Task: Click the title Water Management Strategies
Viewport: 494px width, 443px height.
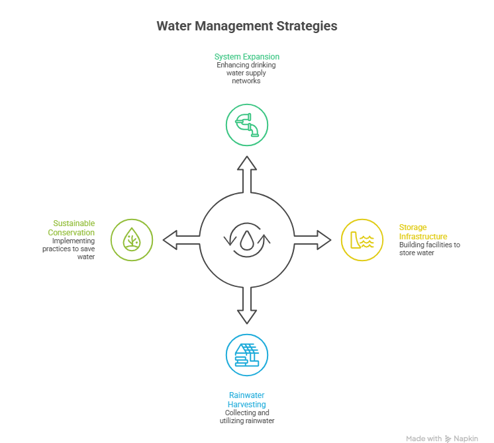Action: (x=246, y=26)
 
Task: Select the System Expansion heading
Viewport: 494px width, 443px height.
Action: (x=246, y=57)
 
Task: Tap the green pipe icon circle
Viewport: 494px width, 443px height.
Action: (x=246, y=124)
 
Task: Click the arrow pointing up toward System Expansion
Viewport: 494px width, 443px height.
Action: (x=246, y=175)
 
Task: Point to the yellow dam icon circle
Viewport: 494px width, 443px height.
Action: (x=362, y=239)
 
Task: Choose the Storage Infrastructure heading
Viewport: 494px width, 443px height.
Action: (x=422, y=231)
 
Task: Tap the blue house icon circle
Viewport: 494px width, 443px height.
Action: (x=246, y=355)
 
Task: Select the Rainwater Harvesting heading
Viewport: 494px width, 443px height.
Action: (x=247, y=400)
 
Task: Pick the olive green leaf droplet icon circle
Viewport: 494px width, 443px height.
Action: (x=131, y=239)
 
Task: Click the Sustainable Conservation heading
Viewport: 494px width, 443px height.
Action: (x=72, y=228)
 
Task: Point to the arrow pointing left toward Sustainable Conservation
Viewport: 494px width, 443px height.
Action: (x=180, y=239)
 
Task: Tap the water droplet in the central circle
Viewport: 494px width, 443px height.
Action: (x=246, y=241)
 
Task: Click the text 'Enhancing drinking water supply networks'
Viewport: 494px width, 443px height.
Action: (x=246, y=73)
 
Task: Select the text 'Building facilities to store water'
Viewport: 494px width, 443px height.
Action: (x=429, y=249)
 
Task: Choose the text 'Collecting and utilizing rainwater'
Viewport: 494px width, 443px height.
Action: (x=247, y=417)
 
